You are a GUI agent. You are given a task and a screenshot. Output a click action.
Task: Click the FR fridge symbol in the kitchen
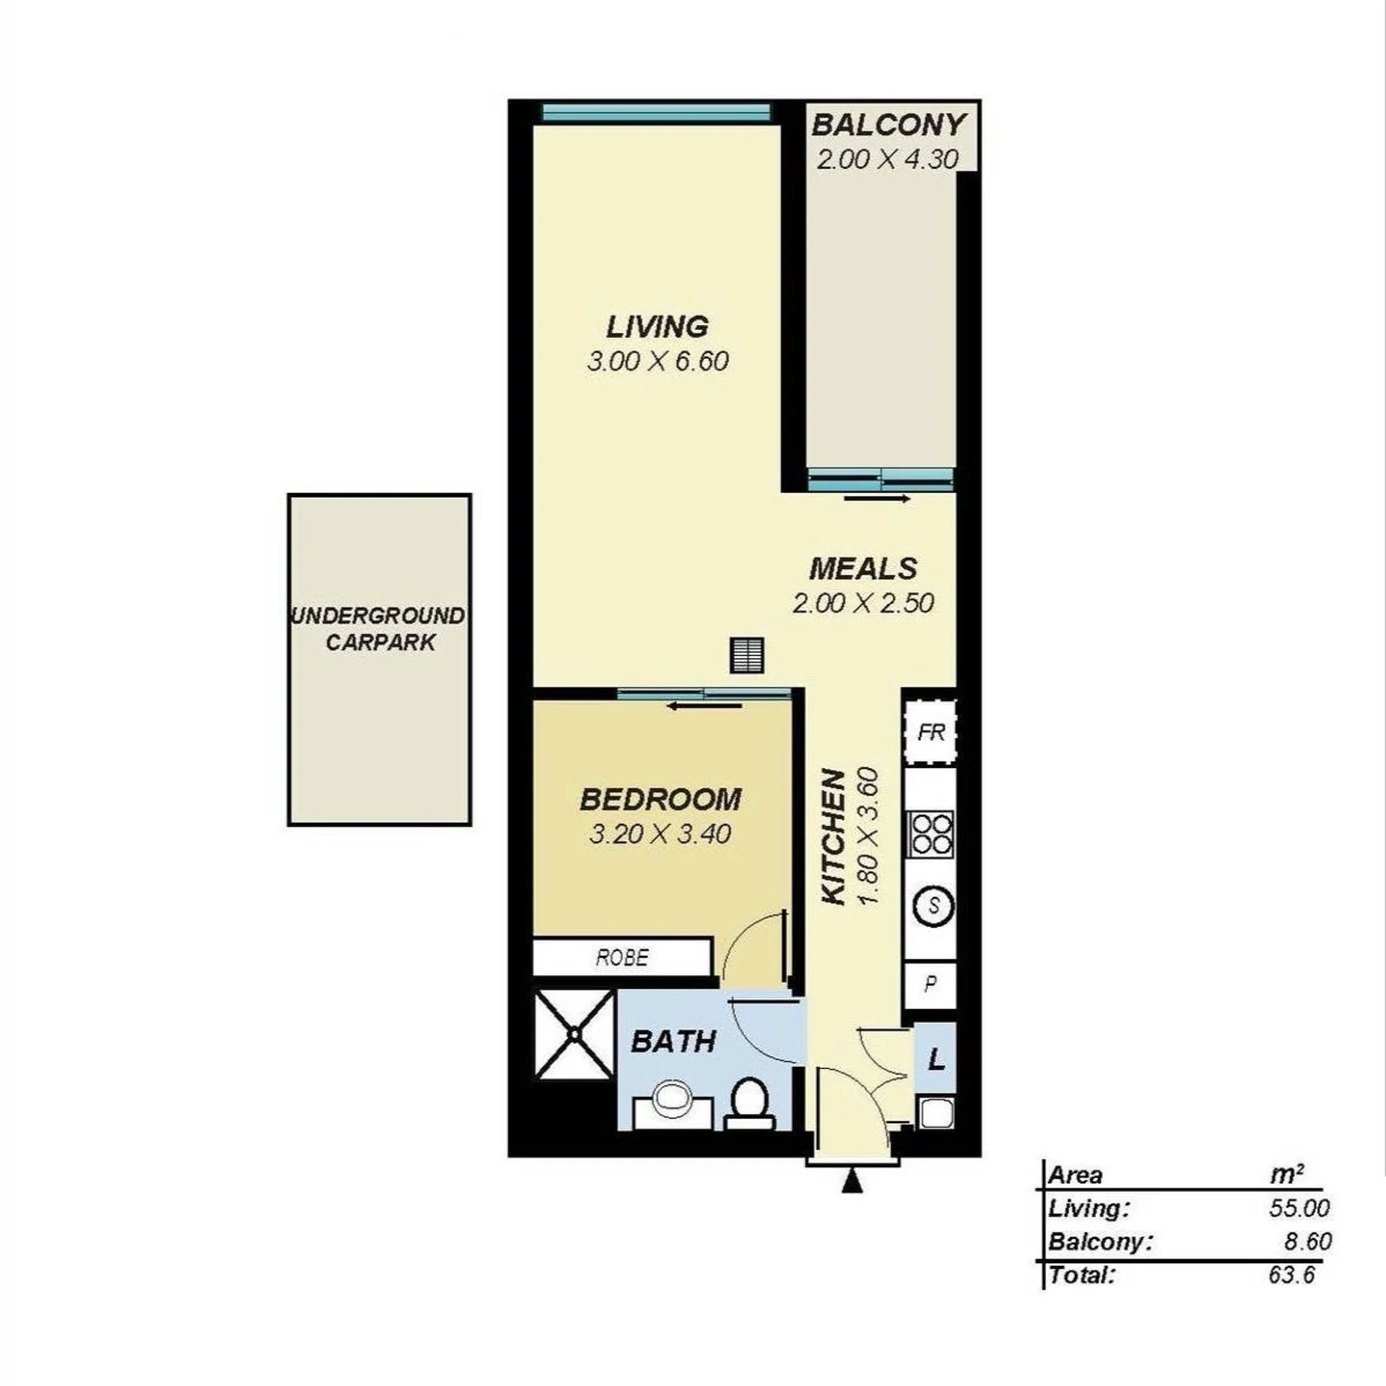(930, 732)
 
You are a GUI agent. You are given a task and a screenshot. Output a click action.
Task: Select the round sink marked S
(933, 905)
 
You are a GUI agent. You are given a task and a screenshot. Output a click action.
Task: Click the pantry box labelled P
(930, 985)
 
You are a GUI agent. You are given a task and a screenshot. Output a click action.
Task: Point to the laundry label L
(936, 1060)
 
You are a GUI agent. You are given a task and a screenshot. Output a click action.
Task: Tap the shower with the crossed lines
(575, 1034)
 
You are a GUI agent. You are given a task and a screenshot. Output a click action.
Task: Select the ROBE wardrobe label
(622, 957)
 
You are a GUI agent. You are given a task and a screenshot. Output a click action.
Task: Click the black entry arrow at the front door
(853, 1181)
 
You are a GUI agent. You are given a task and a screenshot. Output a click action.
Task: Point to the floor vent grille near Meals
(746, 655)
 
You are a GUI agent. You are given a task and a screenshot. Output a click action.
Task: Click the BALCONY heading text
(888, 125)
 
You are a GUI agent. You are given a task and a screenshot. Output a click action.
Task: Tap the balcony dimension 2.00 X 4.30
(888, 160)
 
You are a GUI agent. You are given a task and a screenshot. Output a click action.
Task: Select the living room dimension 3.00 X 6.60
(658, 361)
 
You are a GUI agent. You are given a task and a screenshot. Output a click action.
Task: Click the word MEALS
(863, 569)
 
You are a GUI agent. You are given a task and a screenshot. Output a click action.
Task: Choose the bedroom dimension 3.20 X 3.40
(661, 834)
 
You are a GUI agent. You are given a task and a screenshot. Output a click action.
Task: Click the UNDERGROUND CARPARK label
(379, 629)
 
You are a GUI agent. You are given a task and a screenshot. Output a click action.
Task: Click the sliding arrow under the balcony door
(878, 498)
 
